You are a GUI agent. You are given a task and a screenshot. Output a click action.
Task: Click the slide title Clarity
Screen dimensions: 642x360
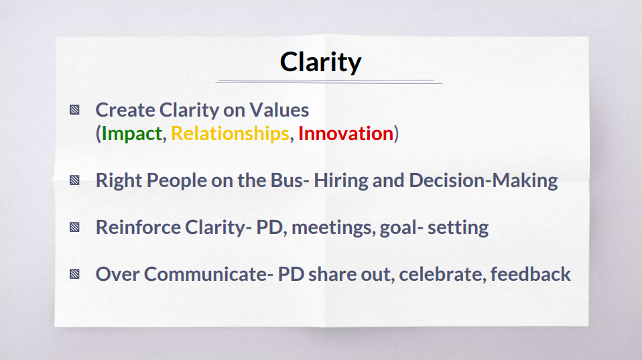[320, 62]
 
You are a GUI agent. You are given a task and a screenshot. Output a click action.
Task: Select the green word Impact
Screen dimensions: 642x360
[132, 134]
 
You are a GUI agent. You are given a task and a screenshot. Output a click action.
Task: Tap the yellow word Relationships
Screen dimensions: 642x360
[230, 133]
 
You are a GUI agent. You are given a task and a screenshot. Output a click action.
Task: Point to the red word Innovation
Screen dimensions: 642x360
[346, 133]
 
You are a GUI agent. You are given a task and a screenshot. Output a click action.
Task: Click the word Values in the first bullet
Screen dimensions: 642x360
[279, 110]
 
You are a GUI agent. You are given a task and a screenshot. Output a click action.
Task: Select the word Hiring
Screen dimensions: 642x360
[341, 180]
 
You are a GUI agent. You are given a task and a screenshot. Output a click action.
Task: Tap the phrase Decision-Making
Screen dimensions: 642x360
[483, 180]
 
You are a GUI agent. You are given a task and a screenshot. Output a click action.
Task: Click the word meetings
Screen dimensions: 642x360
[333, 228]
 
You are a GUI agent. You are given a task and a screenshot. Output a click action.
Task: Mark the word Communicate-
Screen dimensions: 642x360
[208, 274]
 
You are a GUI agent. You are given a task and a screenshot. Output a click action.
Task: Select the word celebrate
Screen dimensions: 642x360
[442, 274]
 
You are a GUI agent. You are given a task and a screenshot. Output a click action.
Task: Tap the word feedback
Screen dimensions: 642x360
[530, 274]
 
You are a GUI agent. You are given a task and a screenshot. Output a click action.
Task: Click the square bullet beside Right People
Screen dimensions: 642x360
[74, 180]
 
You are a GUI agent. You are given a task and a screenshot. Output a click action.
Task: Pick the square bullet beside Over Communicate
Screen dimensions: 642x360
[74, 274]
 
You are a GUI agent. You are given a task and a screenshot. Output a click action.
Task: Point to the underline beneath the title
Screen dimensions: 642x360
[329, 82]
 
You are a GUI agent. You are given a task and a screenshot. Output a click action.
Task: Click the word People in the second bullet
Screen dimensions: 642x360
[177, 180]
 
